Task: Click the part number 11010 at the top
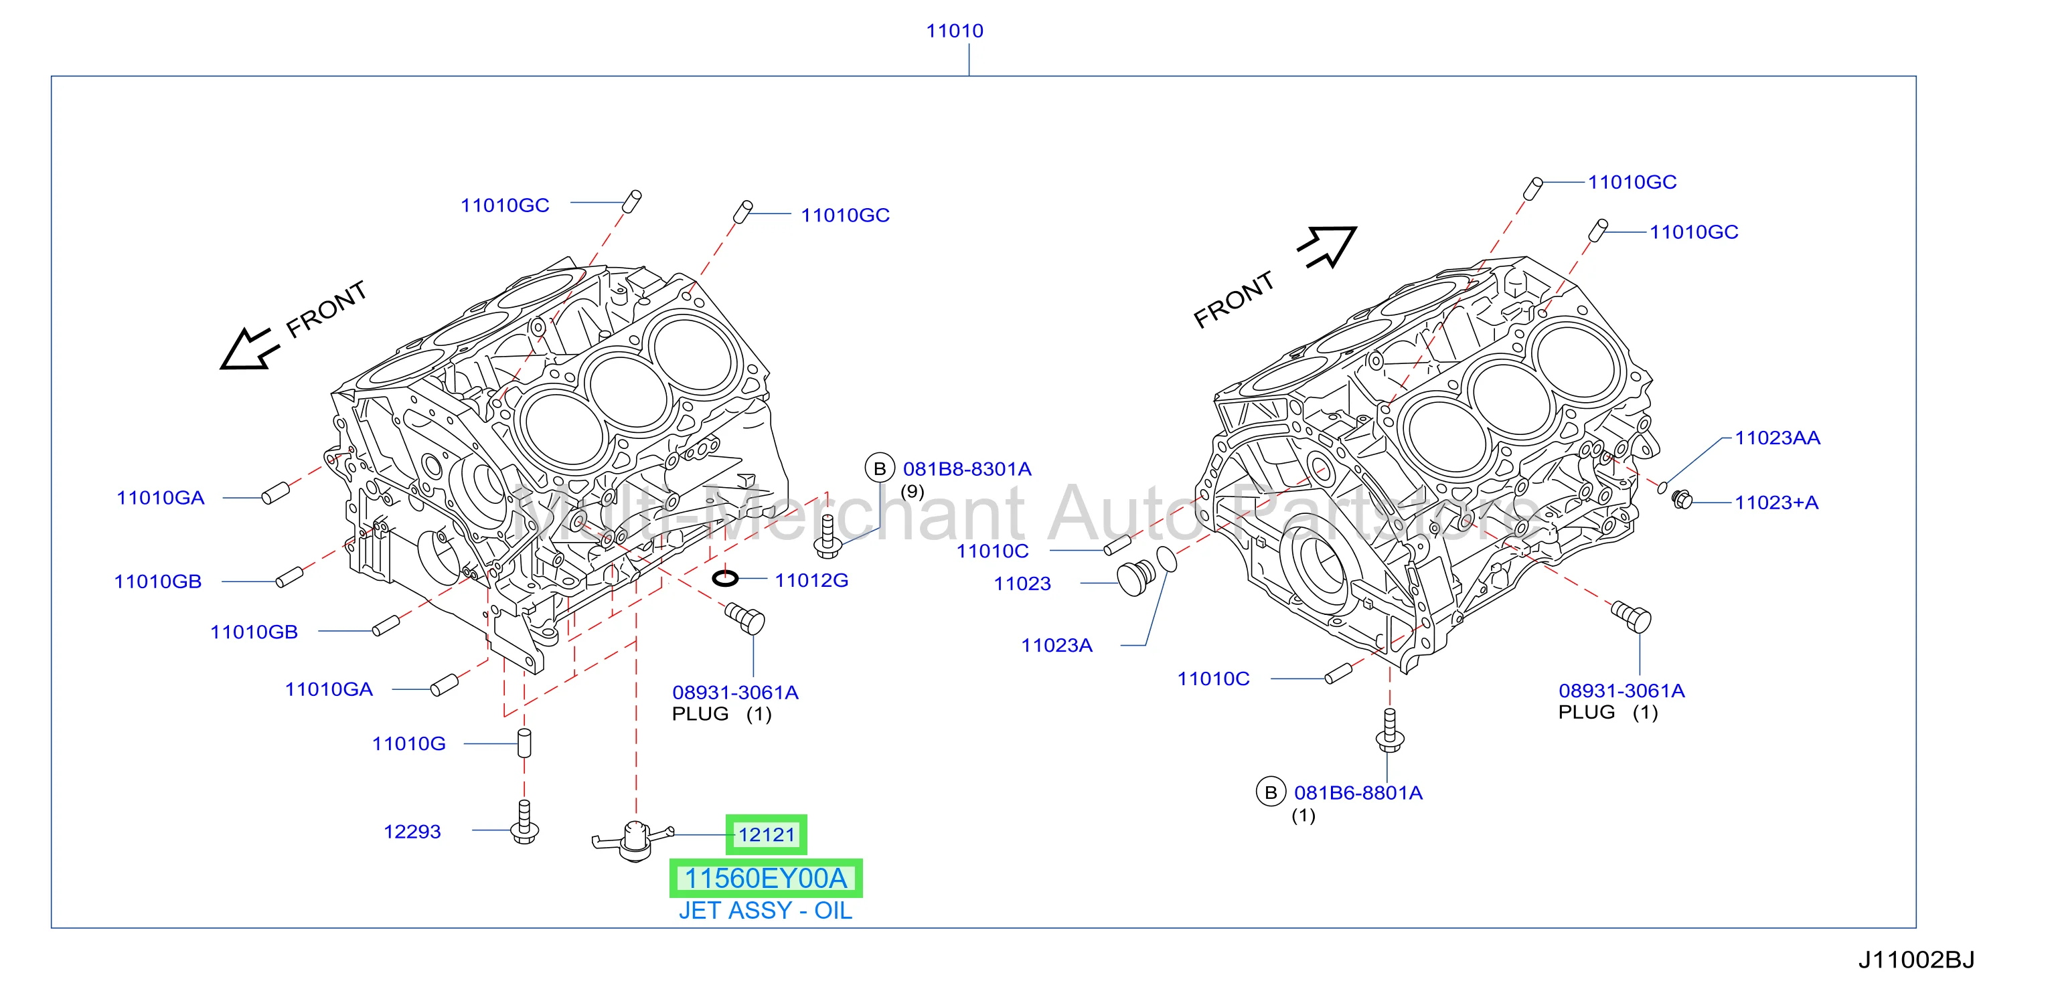(x=955, y=31)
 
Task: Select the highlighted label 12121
(x=767, y=834)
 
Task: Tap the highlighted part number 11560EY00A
(x=765, y=878)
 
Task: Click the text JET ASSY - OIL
(x=765, y=910)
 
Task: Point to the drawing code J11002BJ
(x=1916, y=960)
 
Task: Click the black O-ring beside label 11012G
(x=725, y=577)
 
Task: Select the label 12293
(x=412, y=831)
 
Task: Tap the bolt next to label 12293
(x=524, y=822)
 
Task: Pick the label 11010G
(x=408, y=743)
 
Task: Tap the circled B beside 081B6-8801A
(x=1271, y=792)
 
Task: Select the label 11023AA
(x=1777, y=438)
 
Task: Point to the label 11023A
(x=1056, y=645)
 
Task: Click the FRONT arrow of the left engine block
(x=250, y=348)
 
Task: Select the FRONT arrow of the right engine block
(x=1328, y=246)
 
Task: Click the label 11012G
(x=811, y=580)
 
